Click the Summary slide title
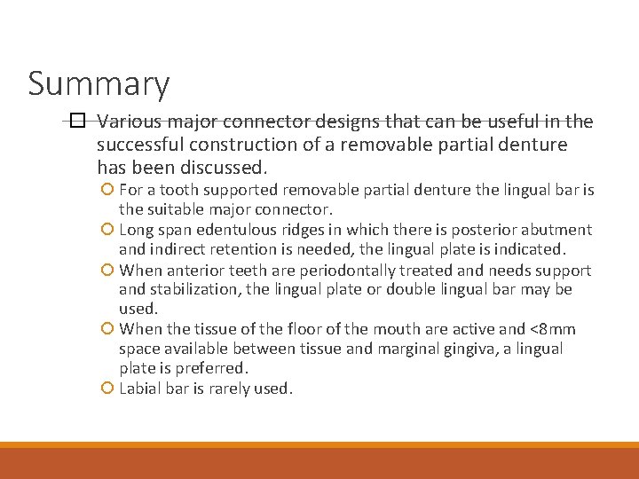pos(99,84)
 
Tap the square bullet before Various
pos(77,122)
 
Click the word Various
pos(130,122)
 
